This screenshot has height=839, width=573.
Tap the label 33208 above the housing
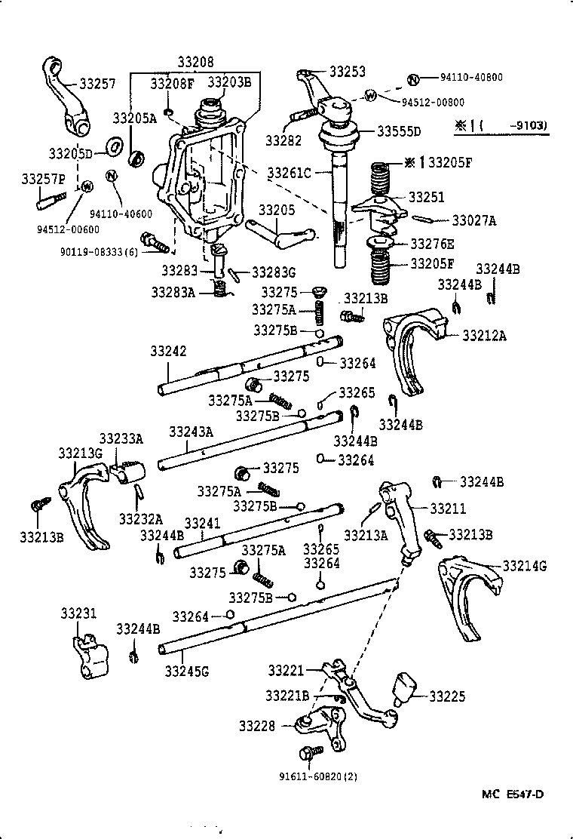pos(195,61)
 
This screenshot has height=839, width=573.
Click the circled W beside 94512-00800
pos(371,96)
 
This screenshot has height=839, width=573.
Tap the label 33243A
pos(191,432)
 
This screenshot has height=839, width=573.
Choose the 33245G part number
pos(187,668)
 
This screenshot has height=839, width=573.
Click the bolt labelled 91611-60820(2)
pos(310,753)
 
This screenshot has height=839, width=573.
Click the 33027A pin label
pos(475,220)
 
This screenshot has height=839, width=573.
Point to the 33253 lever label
pos(348,72)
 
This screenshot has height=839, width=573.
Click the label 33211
pos(448,509)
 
